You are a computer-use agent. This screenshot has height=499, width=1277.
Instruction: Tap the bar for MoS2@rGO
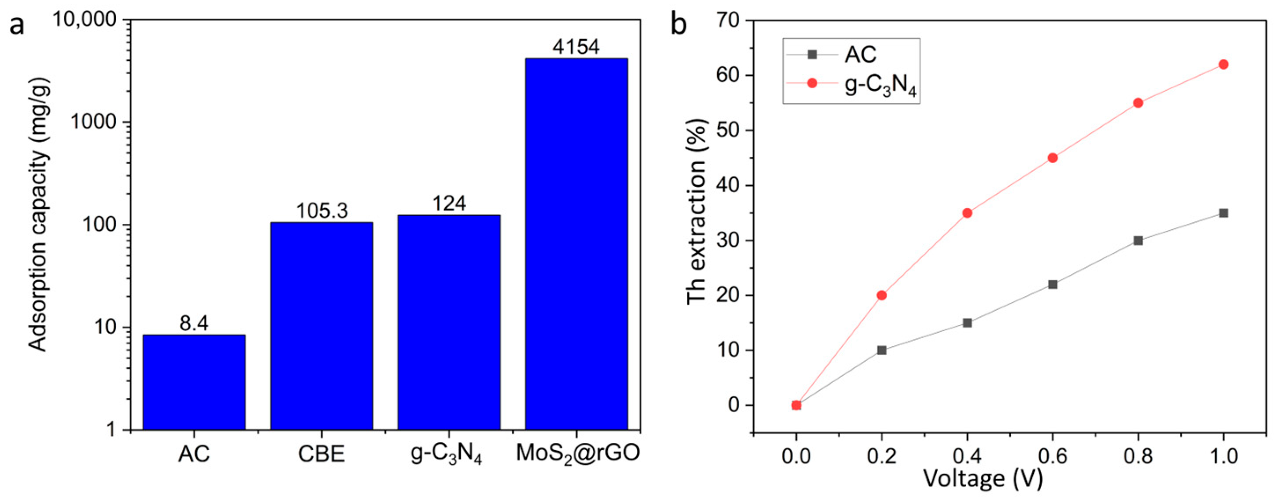pos(576,243)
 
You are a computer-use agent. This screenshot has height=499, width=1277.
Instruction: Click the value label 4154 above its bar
pos(576,47)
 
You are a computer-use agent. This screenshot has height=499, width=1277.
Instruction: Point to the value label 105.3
pos(322,211)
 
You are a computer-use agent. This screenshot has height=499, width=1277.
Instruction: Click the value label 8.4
pos(194,324)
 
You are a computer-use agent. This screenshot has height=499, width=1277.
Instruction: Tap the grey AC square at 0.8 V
pos(1138,240)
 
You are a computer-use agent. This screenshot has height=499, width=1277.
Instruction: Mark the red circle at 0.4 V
pos(967,213)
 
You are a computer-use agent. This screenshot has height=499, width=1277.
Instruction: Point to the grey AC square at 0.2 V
pos(881,350)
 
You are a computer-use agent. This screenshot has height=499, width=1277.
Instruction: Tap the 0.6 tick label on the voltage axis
pos(1053,455)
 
